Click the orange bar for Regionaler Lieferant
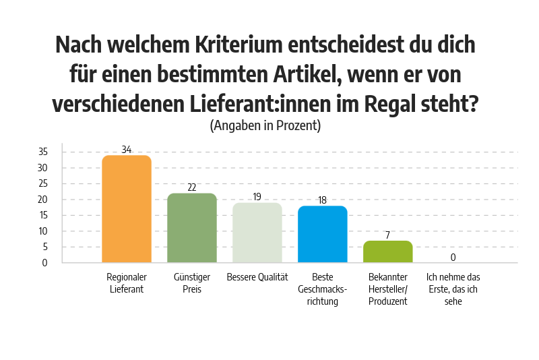126,209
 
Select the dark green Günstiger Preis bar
192,228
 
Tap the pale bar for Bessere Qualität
257,233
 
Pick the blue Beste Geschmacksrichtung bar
323,234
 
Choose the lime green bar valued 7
388,251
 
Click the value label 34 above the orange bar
127,149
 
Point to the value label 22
192,187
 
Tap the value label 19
257,197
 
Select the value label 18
323,200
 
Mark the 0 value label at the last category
453,258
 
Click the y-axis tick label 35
42,152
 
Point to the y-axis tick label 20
42,200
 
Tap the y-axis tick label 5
45,247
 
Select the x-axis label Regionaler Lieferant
126,283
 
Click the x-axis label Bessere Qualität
257,277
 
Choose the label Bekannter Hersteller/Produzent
388,289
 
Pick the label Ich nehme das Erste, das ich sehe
453,289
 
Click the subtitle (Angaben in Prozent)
265,125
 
